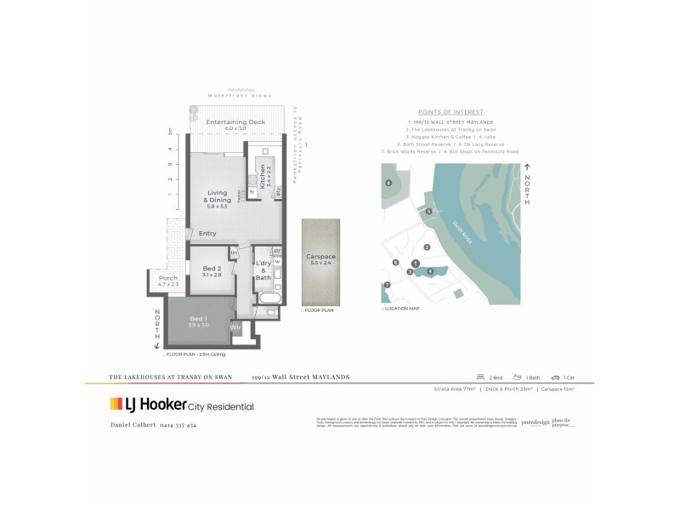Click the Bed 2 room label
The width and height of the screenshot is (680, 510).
(x=211, y=271)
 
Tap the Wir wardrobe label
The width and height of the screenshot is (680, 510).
(x=236, y=326)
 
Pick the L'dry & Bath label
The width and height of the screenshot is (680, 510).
(x=263, y=272)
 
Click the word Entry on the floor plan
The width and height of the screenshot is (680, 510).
(x=207, y=234)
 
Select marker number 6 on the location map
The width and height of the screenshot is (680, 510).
(x=388, y=183)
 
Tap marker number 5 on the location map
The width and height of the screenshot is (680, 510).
(x=429, y=211)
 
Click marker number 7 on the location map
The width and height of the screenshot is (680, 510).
(x=388, y=285)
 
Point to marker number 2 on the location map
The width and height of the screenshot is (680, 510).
(x=428, y=247)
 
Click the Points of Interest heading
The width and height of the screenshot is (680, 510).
(x=451, y=111)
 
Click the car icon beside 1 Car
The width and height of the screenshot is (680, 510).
(x=555, y=377)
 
